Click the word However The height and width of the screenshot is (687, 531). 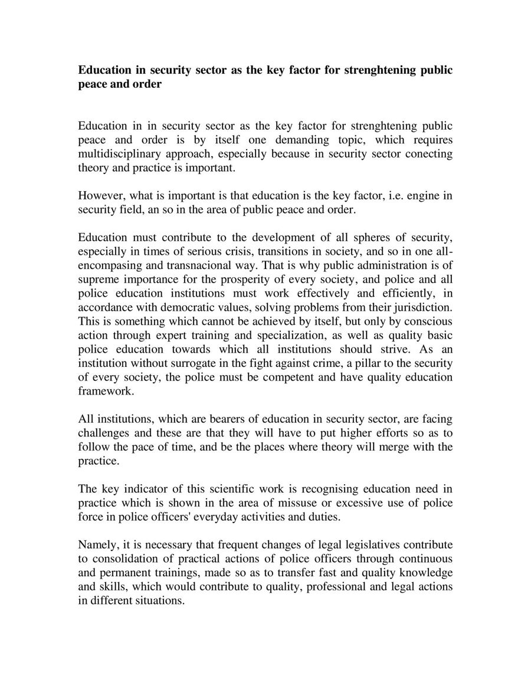click(99, 196)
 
